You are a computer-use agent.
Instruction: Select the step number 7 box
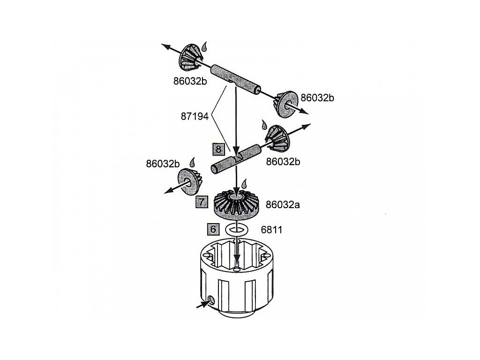point(201,202)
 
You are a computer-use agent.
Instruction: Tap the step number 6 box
point(213,229)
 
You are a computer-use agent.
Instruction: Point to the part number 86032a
point(282,204)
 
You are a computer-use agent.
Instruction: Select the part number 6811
point(271,230)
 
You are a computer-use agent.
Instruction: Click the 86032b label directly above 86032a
point(283,162)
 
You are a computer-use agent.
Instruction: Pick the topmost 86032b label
point(190,81)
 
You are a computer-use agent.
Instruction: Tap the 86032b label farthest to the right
point(317,98)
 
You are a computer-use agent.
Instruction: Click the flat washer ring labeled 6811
point(237,230)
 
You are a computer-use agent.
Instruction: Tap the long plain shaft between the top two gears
point(234,79)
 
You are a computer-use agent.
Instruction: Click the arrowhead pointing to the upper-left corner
point(165,45)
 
